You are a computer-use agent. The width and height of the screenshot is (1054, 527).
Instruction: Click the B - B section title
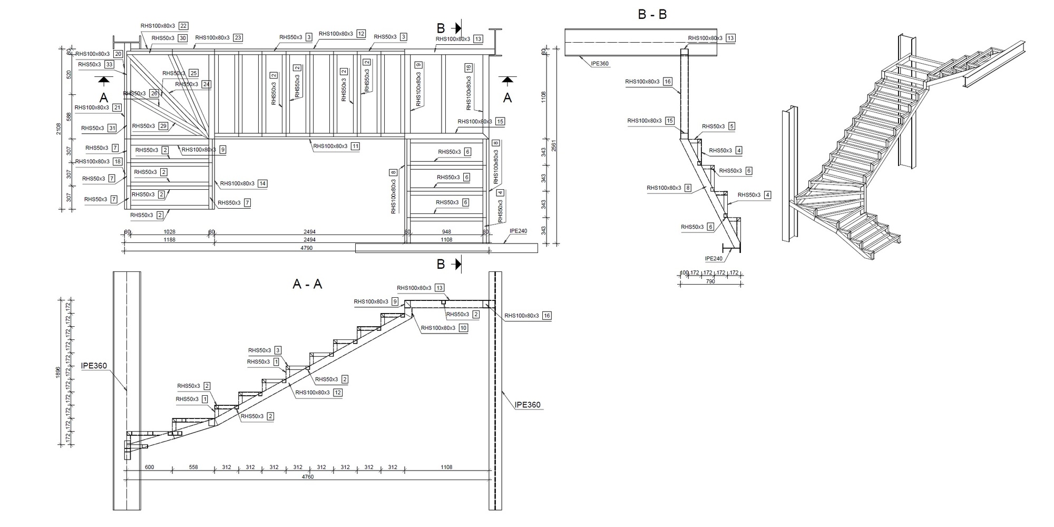pos(652,15)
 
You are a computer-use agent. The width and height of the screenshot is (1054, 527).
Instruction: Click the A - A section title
pos(307,285)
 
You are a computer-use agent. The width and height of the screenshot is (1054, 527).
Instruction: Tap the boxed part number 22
pos(183,26)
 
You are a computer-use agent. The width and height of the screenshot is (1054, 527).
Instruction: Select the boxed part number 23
pos(238,38)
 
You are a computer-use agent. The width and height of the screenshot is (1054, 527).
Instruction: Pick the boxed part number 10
pos(463,328)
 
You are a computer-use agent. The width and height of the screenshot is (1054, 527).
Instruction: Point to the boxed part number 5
pos(731,126)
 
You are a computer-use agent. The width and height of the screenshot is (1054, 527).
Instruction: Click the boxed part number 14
pos(262,183)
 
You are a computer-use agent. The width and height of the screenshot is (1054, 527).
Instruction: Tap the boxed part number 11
pos(355,146)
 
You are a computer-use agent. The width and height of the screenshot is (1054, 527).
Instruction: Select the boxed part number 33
pos(109,65)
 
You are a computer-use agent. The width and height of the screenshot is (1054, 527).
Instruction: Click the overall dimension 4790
pos(306,248)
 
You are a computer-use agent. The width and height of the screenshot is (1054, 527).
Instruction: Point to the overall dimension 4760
pos(307,477)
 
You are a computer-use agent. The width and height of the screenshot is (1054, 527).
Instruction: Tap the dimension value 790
pos(710,281)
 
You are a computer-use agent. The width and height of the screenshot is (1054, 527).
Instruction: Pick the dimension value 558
pos(193,467)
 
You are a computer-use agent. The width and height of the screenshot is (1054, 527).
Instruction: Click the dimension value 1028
pos(169,232)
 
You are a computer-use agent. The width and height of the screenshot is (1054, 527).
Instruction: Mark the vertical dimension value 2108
pos(59,129)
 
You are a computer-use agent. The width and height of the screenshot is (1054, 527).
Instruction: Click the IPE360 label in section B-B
pos(599,64)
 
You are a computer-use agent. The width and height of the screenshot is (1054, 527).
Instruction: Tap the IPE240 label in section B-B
pos(714,259)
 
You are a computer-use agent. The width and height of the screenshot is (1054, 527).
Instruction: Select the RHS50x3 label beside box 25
pos(173,73)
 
